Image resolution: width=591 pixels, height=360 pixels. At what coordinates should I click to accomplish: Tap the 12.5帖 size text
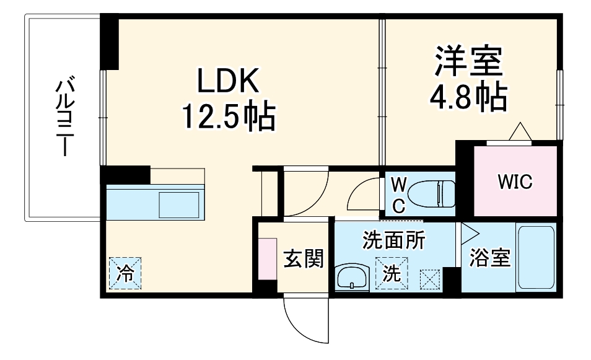[227, 116]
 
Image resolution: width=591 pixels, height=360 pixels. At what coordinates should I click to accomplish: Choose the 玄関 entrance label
[304, 259]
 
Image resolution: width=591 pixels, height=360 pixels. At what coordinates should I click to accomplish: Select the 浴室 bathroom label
[489, 258]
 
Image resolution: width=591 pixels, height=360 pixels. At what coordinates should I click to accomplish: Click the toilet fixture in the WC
[434, 193]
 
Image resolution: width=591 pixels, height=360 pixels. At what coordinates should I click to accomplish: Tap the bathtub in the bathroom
[536, 258]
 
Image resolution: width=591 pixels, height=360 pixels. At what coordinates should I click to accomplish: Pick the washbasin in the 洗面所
[352, 276]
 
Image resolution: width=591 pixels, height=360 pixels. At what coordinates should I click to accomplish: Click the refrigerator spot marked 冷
[126, 273]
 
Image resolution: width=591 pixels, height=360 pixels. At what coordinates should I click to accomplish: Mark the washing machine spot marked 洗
[392, 272]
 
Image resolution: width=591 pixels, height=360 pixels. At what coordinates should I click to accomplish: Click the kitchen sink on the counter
[179, 204]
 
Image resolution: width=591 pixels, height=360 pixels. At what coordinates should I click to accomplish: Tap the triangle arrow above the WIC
[519, 132]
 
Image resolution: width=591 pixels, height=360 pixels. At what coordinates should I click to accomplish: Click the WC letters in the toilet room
[399, 195]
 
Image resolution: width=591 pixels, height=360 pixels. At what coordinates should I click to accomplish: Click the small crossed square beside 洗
[429, 279]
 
